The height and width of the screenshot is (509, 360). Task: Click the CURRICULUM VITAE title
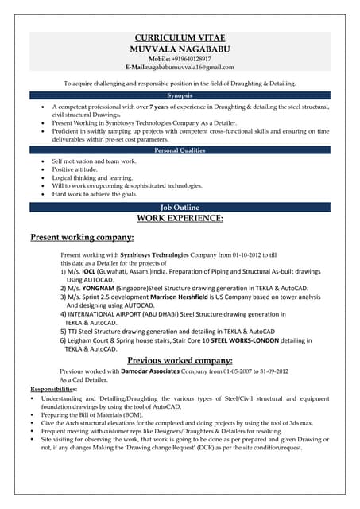[180, 37]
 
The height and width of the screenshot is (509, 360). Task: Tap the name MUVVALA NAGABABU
[180, 49]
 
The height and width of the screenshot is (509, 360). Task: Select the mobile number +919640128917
[190, 59]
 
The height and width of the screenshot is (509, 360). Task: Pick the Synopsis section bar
[180, 95]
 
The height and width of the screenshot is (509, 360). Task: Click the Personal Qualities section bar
[180, 150]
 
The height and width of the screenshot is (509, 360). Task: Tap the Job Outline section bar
[180, 207]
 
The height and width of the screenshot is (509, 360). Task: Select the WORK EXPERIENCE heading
[180, 217]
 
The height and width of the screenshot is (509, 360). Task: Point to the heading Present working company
[82, 237]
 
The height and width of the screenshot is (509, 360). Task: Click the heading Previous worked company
[180, 360]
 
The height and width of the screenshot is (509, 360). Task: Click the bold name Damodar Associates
[151, 371]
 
